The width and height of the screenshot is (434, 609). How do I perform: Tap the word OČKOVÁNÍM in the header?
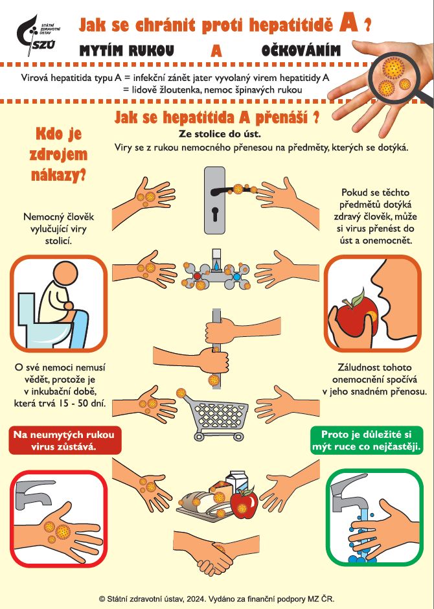(301, 51)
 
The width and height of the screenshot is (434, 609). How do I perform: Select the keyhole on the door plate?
(214, 214)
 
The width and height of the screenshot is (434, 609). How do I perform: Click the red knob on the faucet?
(197, 276)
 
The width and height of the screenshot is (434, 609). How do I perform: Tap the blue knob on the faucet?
(236, 277)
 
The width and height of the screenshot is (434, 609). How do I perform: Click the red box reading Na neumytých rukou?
(65, 441)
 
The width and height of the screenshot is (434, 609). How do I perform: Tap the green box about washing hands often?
(367, 441)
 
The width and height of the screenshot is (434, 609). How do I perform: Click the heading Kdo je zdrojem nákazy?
(58, 155)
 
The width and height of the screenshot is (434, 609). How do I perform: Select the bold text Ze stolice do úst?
(220, 134)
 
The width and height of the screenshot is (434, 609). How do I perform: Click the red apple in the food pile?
(244, 502)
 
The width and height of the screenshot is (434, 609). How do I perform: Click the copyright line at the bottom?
(216, 599)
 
